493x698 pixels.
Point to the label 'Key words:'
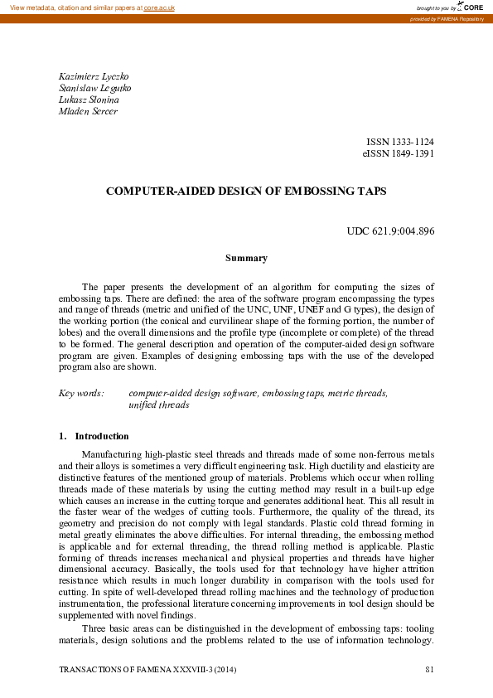pyautogui.click(x=81, y=393)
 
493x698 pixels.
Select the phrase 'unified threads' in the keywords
pyautogui.click(x=159, y=405)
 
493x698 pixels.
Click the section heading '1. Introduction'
pyautogui.click(x=94, y=436)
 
